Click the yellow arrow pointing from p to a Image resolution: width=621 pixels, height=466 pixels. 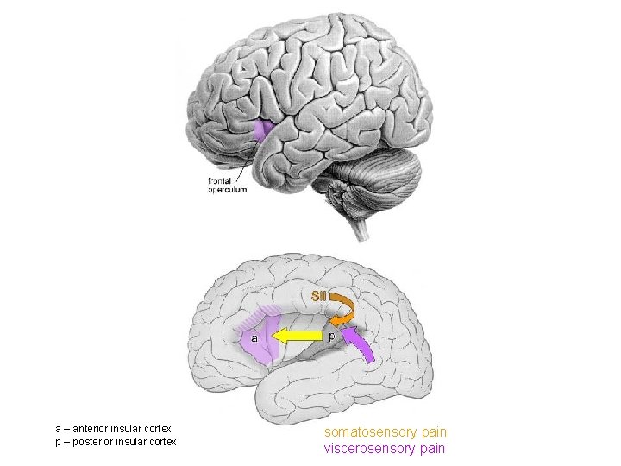point(298,337)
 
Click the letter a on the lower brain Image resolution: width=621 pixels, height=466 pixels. point(254,338)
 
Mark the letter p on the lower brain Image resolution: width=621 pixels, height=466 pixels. point(330,336)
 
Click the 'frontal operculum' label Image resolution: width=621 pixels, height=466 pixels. point(227,186)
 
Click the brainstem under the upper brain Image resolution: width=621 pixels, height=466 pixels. point(358,226)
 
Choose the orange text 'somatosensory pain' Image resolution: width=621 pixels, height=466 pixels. point(386,431)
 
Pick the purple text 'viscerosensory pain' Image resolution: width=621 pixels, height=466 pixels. point(385,448)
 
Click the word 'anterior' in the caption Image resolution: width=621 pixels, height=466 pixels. point(98,429)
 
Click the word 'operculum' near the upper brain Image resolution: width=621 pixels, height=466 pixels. point(227,190)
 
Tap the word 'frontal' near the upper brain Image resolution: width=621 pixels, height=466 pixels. point(220,181)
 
